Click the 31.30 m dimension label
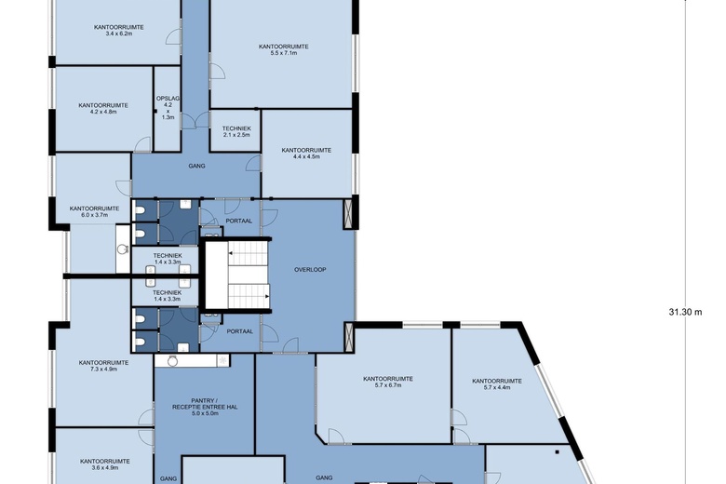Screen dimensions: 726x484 [x=685, y=312]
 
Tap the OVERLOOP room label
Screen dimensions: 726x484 [x=310, y=270]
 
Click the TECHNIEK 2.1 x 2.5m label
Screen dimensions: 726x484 [x=236, y=131]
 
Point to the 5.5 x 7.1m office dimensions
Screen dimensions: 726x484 [x=283, y=53]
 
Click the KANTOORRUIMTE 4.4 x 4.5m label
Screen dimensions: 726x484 [x=306, y=154]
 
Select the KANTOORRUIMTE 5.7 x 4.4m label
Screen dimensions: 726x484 [x=497, y=384]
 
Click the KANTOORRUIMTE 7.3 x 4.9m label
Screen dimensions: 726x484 [x=103, y=366]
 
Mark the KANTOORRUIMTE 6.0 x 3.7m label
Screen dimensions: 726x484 [x=94, y=211]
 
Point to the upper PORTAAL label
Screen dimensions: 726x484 [x=239, y=221]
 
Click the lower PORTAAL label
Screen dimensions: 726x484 [x=240, y=331]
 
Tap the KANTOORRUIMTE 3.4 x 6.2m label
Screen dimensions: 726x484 [x=119, y=30]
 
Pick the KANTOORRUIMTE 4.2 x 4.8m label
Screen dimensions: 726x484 [x=103, y=108]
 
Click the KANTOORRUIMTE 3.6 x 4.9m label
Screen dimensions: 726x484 [x=104, y=464]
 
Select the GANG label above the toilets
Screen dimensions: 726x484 [x=196, y=166]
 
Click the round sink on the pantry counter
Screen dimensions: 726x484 [x=173, y=361]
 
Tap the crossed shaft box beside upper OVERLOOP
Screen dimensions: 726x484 [x=348, y=214]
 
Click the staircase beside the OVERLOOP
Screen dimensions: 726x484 [x=249, y=275]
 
